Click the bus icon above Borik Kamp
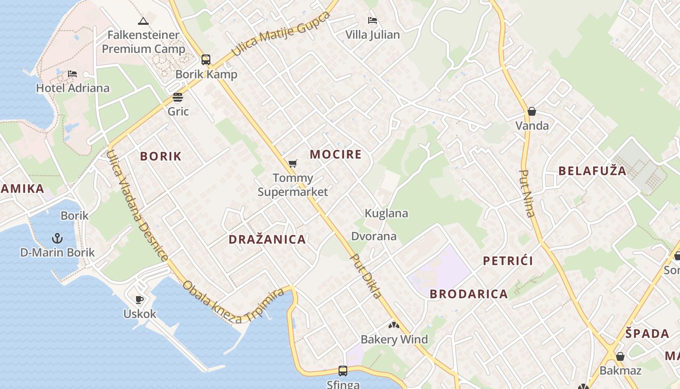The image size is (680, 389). point(206,60)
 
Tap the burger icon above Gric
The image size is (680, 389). point(178,97)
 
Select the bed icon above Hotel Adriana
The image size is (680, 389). point(72,74)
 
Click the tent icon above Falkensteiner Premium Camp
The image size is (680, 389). point(143,21)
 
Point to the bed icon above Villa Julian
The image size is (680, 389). point(373,20)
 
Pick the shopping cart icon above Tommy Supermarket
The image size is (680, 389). point(292,163)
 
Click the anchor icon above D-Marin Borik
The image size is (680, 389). point(57,238)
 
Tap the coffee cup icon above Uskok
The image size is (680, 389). point(139,300)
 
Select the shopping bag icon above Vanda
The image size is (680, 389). point(532,111)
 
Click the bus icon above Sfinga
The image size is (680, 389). point(343,371)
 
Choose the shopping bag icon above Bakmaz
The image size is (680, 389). point(620,356)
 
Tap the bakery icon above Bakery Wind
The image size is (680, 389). point(394,325)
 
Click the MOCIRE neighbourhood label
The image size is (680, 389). point(336,155)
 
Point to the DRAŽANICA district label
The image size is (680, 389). point(267,239)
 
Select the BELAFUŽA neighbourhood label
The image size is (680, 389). point(592,171)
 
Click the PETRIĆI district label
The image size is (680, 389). point(508,261)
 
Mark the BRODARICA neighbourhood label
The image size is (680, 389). point(469,294)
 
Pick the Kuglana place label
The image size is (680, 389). point(386,213)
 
